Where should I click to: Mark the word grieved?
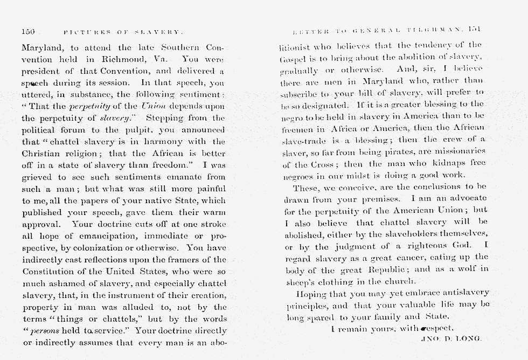coord(38,177)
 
